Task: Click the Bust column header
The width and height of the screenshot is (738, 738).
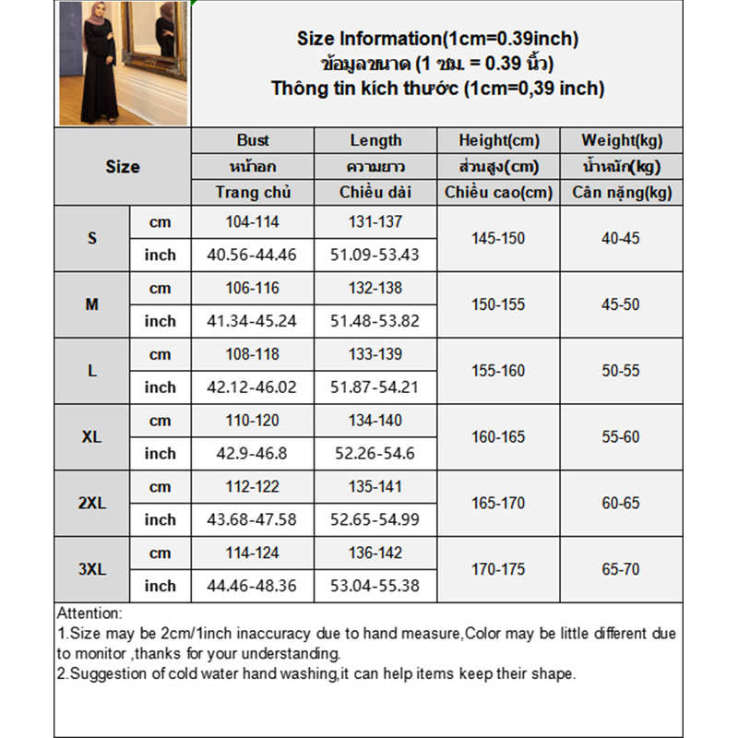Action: [x=252, y=140]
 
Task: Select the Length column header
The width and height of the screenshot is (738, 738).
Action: [x=375, y=140]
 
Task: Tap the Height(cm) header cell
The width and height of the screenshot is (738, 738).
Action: [x=498, y=140]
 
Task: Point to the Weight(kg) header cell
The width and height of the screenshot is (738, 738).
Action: [x=621, y=140]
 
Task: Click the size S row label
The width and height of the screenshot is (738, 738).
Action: [x=92, y=238]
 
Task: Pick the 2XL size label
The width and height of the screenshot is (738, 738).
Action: [x=92, y=503]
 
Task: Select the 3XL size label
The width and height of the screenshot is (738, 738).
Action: [x=92, y=569]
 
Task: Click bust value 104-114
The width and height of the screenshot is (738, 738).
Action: [x=252, y=221]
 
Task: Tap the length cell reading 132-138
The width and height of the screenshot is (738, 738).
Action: [x=375, y=288]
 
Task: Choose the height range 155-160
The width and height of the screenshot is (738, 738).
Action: [x=498, y=371]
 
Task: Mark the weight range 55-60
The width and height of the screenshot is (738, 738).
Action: [x=621, y=437]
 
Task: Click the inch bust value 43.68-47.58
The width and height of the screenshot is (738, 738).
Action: [x=252, y=519]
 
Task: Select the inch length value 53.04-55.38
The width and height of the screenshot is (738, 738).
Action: [x=375, y=586]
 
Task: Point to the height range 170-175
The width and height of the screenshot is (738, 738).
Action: [x=498, y=569]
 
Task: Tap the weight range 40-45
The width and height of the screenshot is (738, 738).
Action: [x=621, y=238]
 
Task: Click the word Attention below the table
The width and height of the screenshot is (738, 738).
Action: [x=89, y=613]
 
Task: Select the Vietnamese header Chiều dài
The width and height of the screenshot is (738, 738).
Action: [x=375, y=193]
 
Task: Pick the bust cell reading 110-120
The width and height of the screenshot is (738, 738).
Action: [x=252, y=421]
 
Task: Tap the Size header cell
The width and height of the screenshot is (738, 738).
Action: [x=122, y=167]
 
